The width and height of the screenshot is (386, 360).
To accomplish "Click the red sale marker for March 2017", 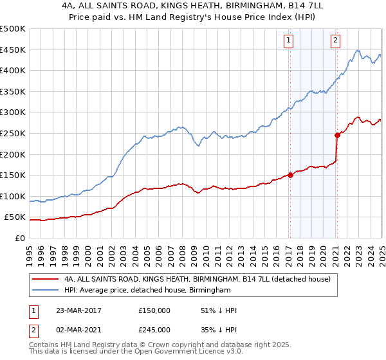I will [290, 174].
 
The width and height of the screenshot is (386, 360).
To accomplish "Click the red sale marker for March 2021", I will [336, 135].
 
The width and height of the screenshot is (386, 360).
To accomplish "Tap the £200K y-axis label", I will [13, 154].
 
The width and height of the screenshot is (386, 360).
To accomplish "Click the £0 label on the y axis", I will [20, 238].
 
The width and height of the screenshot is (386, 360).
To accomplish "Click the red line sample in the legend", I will [46, 279].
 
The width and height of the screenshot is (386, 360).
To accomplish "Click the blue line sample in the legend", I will [46, 291].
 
